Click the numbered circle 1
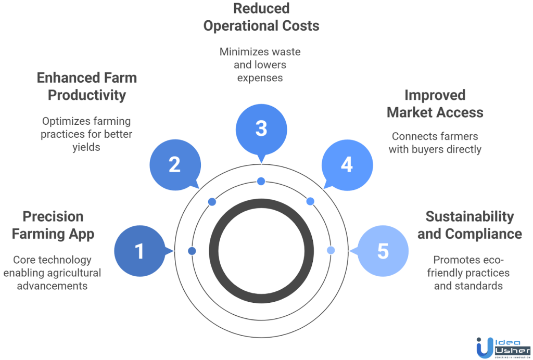(139, 251)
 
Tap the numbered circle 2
(174, 165)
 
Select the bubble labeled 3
(261, 128)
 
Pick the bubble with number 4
(347, 165)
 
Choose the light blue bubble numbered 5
(383, 251)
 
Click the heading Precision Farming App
(53, 225)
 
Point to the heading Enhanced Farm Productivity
(87, 86)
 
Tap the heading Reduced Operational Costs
(261, 17)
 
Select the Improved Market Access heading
(435, 104)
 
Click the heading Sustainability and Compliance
(469, 225)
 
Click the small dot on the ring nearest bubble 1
(192, 251)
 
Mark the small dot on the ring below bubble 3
(261, 181)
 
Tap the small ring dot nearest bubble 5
(331, 250)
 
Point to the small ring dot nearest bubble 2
(212, 201)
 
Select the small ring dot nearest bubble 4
(310, 201)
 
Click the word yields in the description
(86, 147)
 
